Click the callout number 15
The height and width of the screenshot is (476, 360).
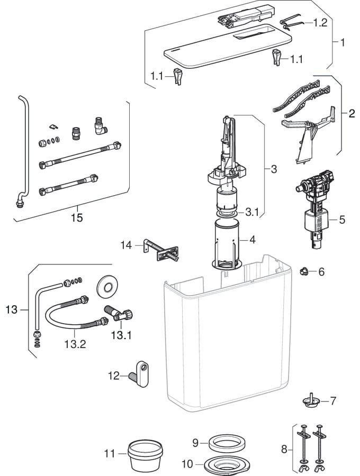click(x=77, y=217)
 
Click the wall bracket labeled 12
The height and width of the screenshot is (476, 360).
click(x=140, y=372)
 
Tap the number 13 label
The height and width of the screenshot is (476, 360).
click(x=12, y=309)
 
